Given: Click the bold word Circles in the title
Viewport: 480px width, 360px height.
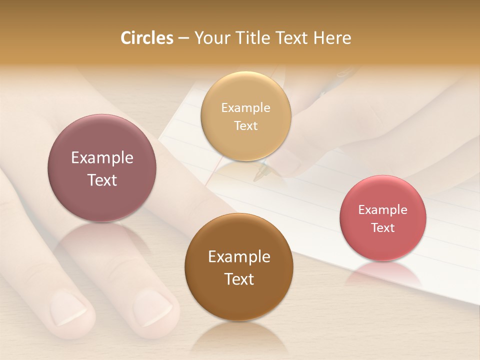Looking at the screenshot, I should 147,38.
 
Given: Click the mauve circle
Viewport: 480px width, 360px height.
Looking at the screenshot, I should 102,168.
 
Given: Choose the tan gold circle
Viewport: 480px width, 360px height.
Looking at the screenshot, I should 245,116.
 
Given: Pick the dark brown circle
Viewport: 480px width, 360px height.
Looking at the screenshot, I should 238,267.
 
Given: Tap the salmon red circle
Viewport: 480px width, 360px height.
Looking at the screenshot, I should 382,218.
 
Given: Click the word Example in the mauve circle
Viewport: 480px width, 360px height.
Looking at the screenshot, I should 102,158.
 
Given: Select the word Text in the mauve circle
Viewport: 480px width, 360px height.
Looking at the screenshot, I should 102,180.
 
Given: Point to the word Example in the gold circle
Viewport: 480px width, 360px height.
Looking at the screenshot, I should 245,107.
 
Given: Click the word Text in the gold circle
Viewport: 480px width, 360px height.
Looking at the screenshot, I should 245,125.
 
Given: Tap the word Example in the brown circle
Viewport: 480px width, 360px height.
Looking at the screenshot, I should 239,257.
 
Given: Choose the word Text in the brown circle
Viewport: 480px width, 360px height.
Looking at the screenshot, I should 239,279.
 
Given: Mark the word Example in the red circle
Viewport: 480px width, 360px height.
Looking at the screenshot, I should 382,209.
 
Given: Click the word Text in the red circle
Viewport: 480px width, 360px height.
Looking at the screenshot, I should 382,227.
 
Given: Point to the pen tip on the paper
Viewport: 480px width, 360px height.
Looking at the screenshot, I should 256,178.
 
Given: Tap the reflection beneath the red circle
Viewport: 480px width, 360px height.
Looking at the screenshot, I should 382,272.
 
